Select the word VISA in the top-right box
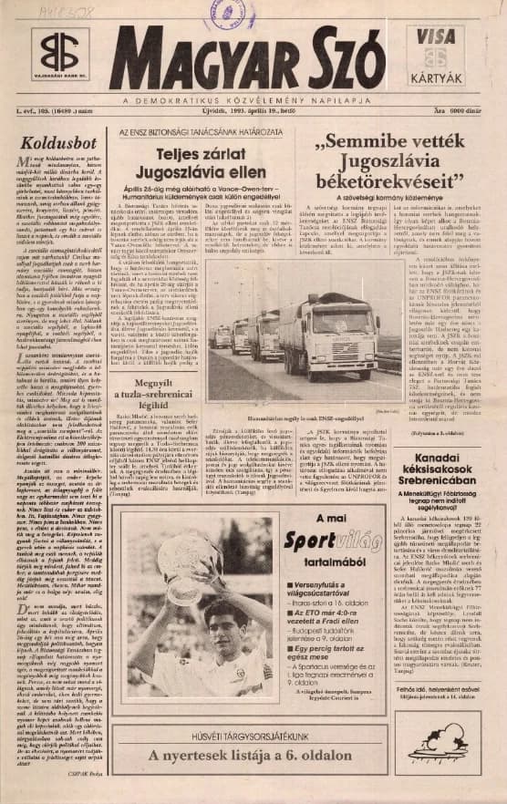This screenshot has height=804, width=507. tap(437, 36)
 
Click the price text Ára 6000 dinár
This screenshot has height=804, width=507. tap(461, 111)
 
